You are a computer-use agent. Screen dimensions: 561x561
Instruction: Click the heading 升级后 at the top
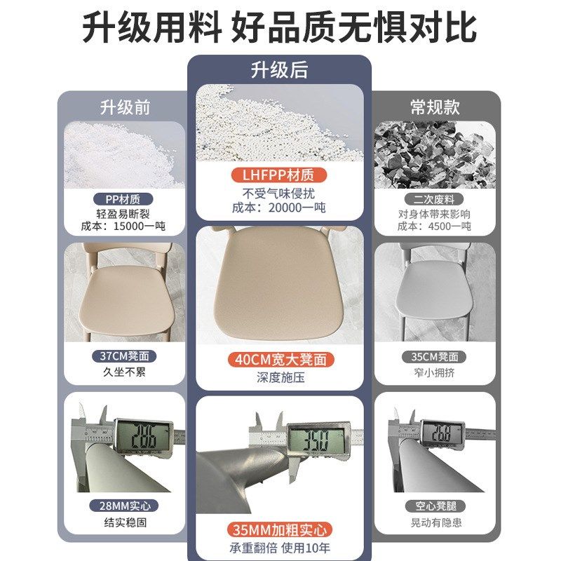tap(279, 70)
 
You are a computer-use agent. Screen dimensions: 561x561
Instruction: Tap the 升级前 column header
tap(125, 107)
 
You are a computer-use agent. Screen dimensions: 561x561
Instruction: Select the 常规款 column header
tap(435, 107)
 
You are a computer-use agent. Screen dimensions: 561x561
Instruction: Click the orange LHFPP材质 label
tap(279, 175)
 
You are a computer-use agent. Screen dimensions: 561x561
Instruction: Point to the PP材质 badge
tap(124, 199)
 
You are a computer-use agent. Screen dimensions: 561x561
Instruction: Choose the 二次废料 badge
tap(435, 199)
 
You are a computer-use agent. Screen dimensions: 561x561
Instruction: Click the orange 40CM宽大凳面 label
tap(280, 360)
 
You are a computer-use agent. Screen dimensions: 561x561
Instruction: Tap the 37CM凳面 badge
tap(124, 357)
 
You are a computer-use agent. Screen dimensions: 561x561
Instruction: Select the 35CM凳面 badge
tap(435, 357)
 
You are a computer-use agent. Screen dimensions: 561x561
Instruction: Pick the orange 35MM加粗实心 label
tap(280, 530)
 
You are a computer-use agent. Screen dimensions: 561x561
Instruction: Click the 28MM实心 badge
tap(124, 506)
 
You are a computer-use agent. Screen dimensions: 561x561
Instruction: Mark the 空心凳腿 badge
tap(435, 506)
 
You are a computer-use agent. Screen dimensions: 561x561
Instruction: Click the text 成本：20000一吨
tap(279, 208)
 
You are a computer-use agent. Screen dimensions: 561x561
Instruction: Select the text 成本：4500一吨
tap(435, 227)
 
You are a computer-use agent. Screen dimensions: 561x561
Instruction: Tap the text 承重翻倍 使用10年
tap(280, 548)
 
